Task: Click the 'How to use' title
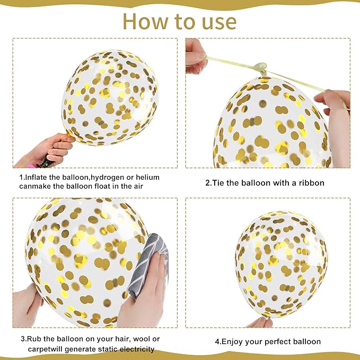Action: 180,22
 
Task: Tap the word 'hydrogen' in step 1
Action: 109,177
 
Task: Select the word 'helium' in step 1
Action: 147,177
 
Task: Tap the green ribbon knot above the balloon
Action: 260,68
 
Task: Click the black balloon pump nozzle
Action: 46,163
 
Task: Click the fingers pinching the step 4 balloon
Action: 259,322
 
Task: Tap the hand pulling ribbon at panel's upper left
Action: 195,57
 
